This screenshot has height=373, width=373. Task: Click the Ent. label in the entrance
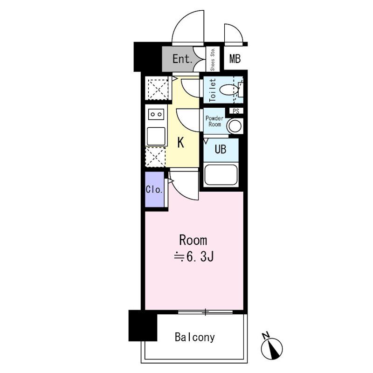tap(182, 59)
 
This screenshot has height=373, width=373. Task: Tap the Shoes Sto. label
tap(213, 59)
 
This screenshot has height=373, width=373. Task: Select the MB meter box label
tap(235, 59)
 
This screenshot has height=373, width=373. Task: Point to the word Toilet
tap(213, 90)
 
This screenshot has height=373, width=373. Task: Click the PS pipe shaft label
tap(236, 111)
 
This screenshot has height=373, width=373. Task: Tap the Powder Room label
tap(214, 121)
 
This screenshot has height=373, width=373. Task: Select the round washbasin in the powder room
tap(235, 126)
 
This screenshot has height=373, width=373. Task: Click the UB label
tap(220, 149)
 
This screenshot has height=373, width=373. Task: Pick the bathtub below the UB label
tap(221, 174)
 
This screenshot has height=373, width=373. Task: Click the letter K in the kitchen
tap(181, 143)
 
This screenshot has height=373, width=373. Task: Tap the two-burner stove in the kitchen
tap(156, 114)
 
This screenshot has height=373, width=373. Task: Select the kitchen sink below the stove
tap(156, 136)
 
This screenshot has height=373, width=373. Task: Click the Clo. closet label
tap(154, 190)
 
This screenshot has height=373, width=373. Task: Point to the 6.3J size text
tap(194, 256)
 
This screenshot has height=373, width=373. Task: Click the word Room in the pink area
tap(193, 240)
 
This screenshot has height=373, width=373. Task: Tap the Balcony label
tap(195, 337)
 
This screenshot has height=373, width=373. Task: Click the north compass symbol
tap(271, 347)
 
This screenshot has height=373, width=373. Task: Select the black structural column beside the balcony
tap(143, 325)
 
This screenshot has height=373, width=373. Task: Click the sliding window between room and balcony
tap(205, 312)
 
